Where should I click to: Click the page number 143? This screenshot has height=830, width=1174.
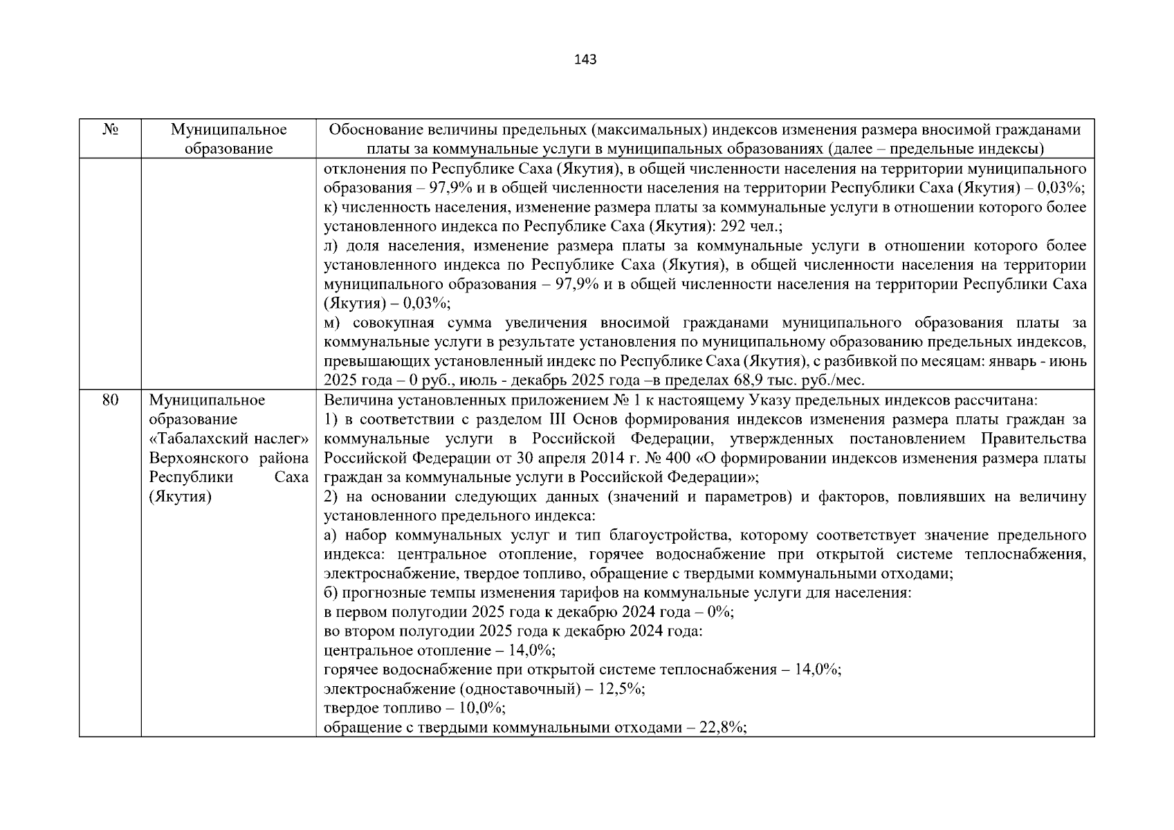point(585,59)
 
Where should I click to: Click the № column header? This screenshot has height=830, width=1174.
point(109,130)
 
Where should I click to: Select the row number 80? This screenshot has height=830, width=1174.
point(109,400)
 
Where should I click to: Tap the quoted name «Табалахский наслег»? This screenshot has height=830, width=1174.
point(228,439)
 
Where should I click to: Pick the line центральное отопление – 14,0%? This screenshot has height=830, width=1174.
point(439,651)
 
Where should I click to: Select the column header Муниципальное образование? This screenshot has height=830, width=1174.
point(228,139)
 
